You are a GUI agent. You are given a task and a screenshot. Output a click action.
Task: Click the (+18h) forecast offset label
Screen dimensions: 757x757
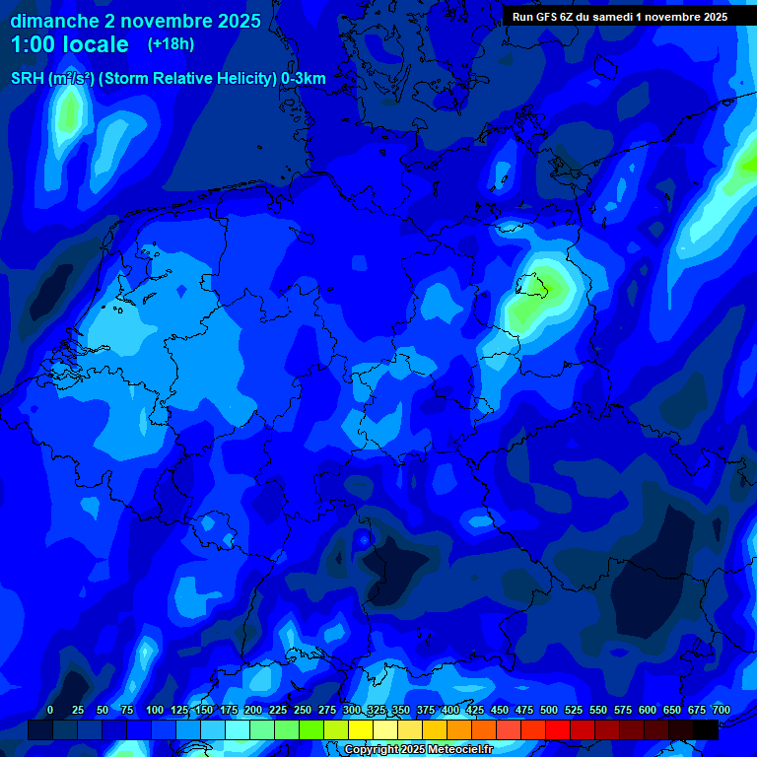click(x=171, y=43)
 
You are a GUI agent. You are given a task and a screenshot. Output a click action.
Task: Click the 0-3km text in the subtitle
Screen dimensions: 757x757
click(x=304, y=79)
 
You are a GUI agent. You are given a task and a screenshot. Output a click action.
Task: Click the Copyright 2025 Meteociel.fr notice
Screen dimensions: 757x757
click(x=418, y=750)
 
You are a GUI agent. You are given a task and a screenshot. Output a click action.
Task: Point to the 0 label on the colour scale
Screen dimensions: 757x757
click(x=50, y=711)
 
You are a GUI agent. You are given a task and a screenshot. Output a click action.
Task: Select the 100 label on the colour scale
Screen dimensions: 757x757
click(x=155, y=711)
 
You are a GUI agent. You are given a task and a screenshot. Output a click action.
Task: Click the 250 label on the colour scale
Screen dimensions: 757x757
click(x=303, y=711)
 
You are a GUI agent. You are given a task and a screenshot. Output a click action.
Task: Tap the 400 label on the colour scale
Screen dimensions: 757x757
click(x=450, y=711)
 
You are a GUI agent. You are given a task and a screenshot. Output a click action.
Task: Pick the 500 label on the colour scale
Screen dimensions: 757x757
click(x=549, y=711)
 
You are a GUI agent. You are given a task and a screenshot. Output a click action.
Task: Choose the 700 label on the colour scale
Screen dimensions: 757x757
click(x=722, y=711)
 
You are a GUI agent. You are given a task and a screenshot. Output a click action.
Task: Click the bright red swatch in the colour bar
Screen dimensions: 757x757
click(x=558, y=729)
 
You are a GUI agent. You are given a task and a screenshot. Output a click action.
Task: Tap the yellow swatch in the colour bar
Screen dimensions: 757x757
click(x=361, y=729)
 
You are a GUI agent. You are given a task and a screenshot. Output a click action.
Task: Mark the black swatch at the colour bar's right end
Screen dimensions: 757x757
click(x=706, y=729)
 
